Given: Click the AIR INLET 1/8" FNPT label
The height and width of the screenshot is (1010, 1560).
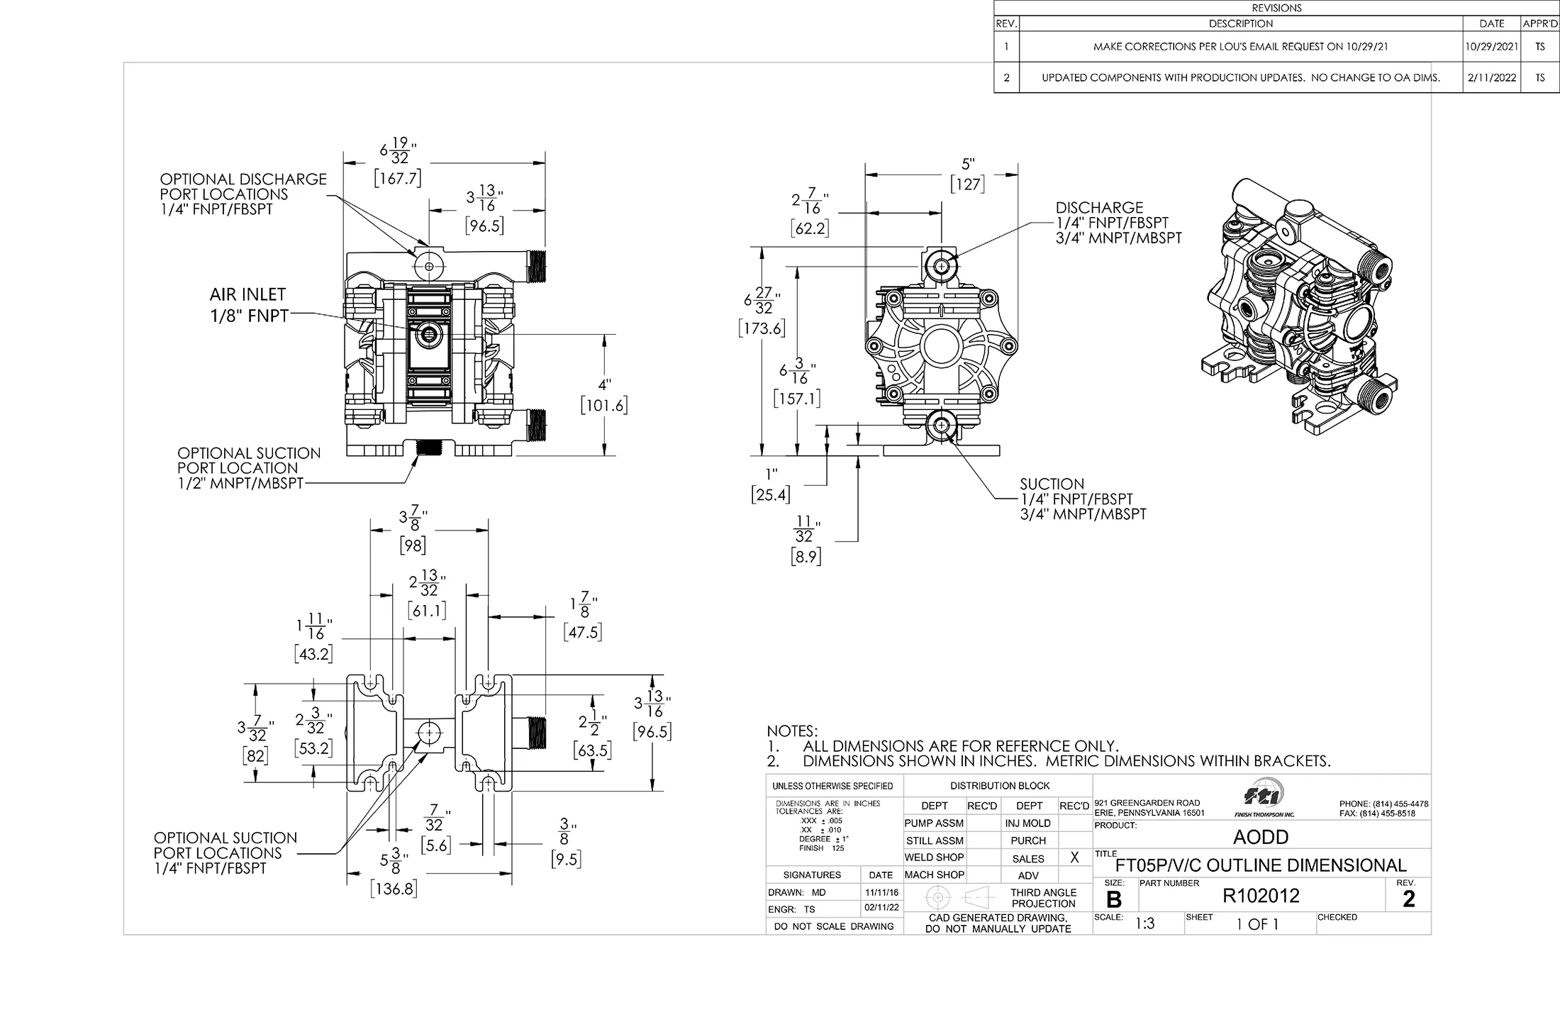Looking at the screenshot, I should click(248, 305).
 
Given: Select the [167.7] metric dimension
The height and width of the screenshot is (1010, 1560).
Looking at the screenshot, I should click(398, 178).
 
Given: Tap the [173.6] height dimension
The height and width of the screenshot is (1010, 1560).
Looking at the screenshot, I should click(762, 328).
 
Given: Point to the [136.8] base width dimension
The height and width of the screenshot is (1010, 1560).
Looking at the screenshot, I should click(394, 889).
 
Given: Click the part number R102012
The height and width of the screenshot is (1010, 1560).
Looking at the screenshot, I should click(1261, 897).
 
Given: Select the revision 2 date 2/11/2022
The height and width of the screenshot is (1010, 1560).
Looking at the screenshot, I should click(1492, 77).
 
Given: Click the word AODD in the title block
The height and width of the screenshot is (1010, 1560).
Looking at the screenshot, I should click(1260, 837).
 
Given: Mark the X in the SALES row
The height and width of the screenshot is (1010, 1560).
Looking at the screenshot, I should click(1074, 858).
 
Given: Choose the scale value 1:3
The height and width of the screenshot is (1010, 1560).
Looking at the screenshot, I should click(1144, 923).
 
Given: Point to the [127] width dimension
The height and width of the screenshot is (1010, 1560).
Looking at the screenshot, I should click(967, 184).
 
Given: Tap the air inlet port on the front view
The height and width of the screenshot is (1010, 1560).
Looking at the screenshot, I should click(428, 334).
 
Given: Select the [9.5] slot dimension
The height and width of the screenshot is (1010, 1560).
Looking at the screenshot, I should click(565, 860).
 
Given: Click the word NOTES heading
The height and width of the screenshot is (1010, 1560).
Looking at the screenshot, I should click(792, 731).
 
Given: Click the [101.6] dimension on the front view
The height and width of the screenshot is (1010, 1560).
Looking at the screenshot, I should click(603, 406).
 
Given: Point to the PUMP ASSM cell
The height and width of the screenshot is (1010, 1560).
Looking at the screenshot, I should click(934, 823).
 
